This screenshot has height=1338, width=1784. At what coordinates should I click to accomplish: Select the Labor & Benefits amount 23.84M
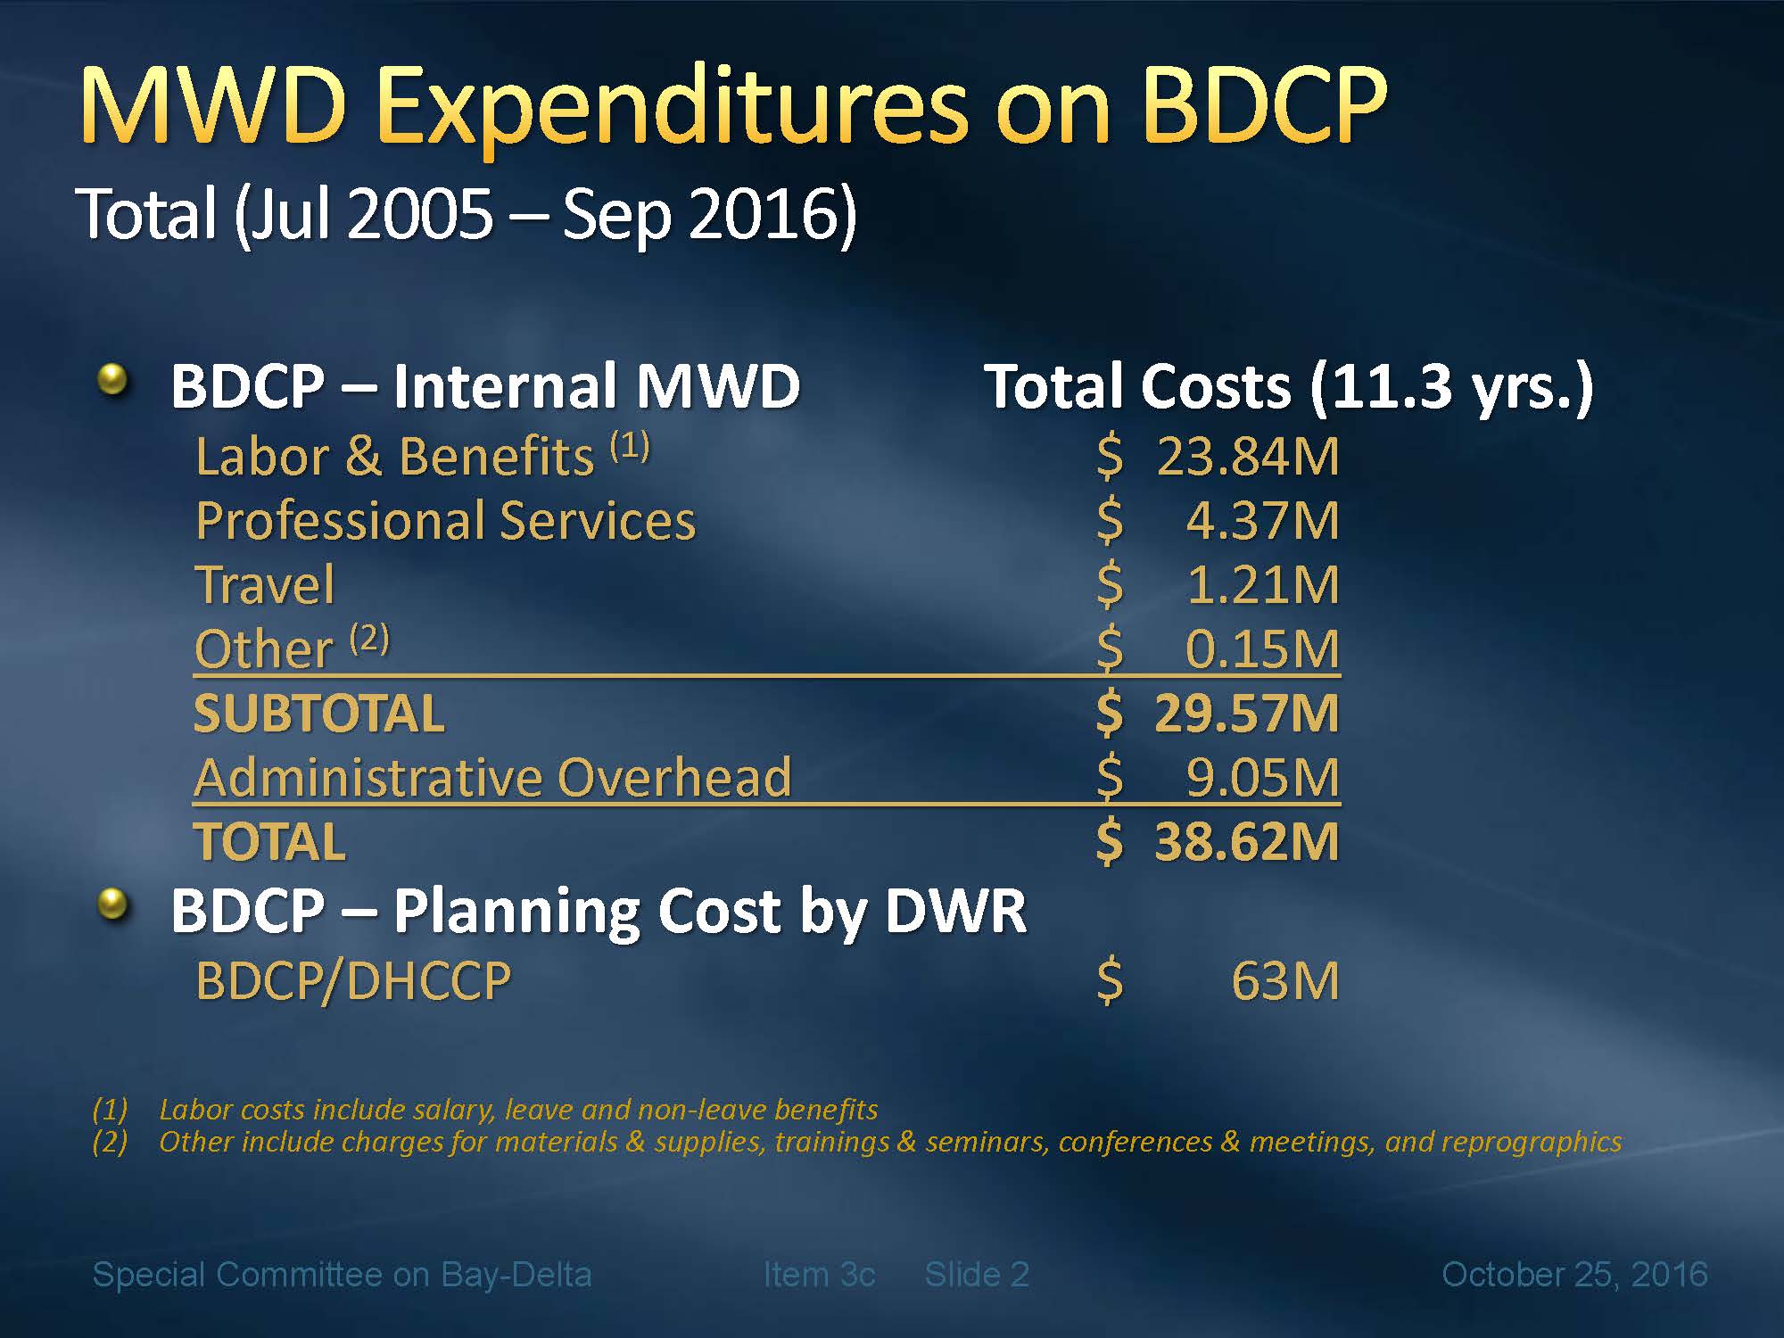tap(1247, 457)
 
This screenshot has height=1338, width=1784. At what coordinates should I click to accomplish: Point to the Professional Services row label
tap(445, 521)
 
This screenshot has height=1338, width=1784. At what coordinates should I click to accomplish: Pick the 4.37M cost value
tap(1261, 521)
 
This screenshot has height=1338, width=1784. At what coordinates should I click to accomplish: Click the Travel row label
tap(265, 585)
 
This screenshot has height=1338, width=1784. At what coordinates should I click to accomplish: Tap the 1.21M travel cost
tap(1262, 585)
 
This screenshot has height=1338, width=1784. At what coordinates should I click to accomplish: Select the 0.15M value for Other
tap(1261, 649)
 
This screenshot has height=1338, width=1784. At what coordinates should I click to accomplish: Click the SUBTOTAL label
tap(318, 714)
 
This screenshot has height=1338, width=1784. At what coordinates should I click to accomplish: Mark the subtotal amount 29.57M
tap(1246, 714)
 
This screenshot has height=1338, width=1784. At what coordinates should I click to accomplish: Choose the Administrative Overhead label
tap(492, 778)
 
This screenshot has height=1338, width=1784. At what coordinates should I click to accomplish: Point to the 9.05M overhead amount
tap(1261, 778)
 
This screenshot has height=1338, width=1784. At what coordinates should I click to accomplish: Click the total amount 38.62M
tap(1246, 842)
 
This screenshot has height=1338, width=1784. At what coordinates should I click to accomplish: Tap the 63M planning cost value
tap(1284, 981)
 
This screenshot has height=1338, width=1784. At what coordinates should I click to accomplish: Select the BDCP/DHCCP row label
tap(353, 981)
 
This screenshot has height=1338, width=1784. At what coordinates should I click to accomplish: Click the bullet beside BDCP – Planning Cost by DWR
tap(112, 905)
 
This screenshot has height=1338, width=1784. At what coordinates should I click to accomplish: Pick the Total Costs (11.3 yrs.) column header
tap(1288, 387)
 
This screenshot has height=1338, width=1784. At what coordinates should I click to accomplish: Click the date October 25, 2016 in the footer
tap(1574, 1275)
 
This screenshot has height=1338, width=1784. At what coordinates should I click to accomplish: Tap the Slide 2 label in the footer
tap(977, 1275)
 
